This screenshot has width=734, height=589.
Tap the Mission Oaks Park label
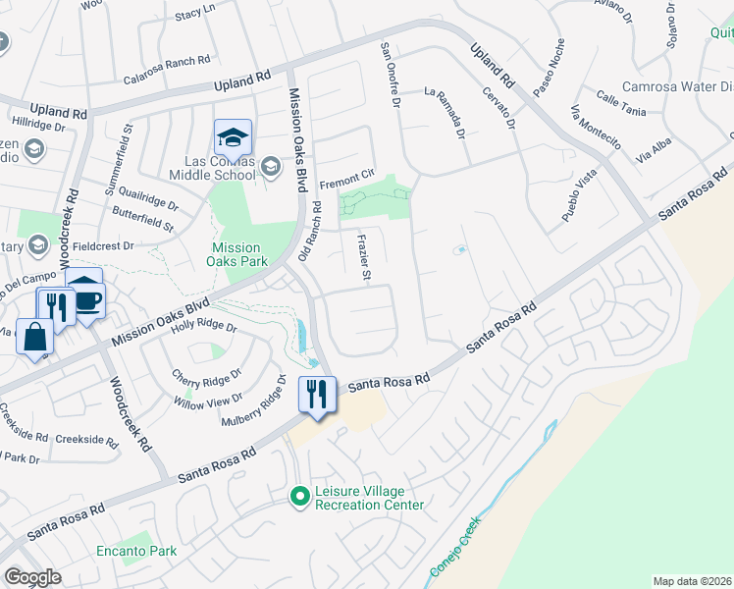tap(235, 255)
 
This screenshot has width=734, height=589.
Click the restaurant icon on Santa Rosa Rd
tap(317, 394)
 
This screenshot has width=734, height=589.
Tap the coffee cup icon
tap(86, 299)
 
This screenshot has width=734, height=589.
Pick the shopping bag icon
tap(34, 338)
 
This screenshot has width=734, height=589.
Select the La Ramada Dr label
tap(444, 113)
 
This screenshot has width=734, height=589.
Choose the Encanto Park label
tap(136, 552)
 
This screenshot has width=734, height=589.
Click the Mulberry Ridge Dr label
tap(252, 405)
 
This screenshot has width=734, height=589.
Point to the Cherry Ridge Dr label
tap(206, 378)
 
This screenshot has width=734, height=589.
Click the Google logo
tap(32, 577)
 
